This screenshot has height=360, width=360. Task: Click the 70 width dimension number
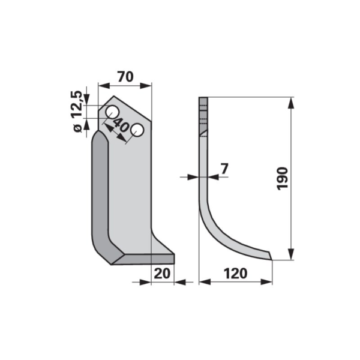point(125,77)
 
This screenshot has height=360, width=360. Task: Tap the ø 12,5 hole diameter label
point(77,112)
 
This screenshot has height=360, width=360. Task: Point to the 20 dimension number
point(162,274)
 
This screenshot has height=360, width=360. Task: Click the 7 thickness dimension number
point(224,169)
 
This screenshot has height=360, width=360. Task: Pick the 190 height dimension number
point(283,179)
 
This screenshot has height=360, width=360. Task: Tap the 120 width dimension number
point(236,274)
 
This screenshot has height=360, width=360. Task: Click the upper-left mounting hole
point(112,112)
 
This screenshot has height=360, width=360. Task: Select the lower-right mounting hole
point(137,130)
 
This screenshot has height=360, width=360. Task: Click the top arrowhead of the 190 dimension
point(291,103)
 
